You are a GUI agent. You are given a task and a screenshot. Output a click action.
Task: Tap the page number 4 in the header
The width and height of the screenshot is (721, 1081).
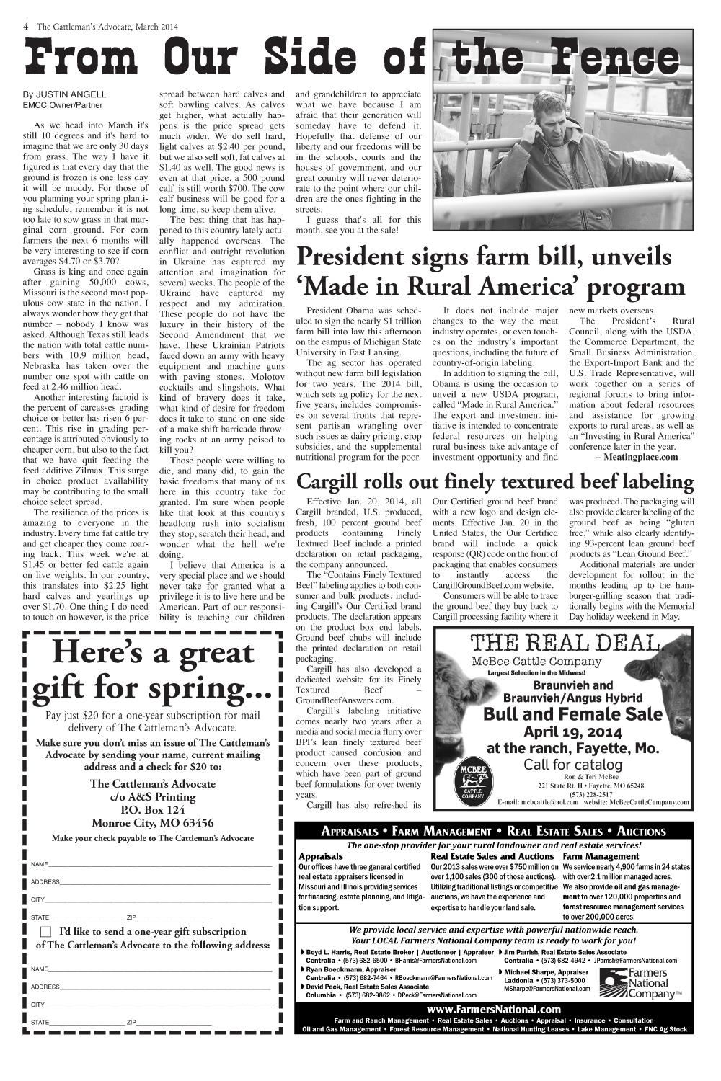pyautogui.click(x=26, y=27)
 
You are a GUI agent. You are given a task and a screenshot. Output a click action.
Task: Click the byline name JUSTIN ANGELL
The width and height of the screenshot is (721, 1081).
pyautogui.click(x=71, y=94)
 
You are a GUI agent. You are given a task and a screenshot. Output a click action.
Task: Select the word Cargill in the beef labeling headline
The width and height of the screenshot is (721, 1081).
pyautogui.click(x=335, y=481)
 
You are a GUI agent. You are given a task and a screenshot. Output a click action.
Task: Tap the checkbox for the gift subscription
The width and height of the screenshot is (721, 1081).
pyautogui.click(x=46, y=932)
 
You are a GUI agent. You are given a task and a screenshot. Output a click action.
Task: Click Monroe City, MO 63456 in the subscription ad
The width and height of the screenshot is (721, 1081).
pyautogui.click(x=152, y=823)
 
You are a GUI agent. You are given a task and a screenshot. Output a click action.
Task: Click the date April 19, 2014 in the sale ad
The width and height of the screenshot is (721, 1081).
pyautogui.click(x=572, y=732)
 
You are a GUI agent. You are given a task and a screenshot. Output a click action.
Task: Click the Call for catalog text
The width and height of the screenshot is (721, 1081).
pyautogui.click(x=572, y=764)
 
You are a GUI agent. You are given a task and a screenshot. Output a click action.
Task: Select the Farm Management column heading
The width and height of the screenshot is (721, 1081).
pyautogui.click(x=601, y=856)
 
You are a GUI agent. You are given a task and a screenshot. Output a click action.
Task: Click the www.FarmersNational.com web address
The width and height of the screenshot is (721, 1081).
pyautogui.click(x=494, y=1010)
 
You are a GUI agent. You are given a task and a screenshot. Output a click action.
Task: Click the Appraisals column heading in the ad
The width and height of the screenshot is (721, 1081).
pyautogui.click(x=321, y=856)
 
